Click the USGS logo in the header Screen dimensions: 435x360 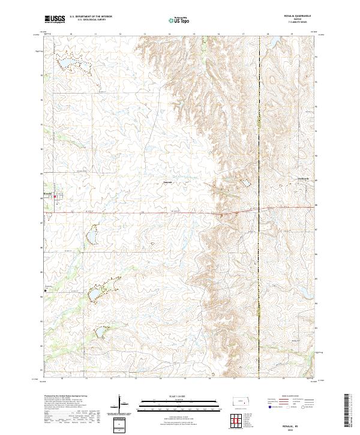point(55,20)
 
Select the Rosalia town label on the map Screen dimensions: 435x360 point(49,193)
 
